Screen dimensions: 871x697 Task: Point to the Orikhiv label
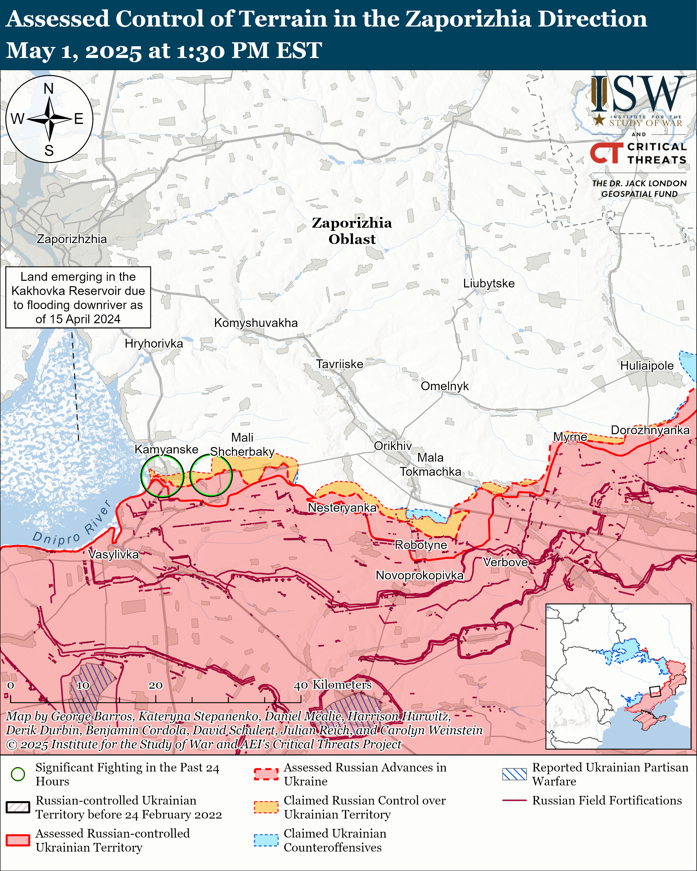pos(392,446)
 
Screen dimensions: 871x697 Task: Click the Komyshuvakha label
pos(256,323)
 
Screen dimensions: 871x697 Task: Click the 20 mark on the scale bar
pos(156,685)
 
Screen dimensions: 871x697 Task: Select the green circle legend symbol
pos(18,774)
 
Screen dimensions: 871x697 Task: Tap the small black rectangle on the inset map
pos(654,691)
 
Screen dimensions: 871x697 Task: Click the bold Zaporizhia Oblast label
pos(352,231)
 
